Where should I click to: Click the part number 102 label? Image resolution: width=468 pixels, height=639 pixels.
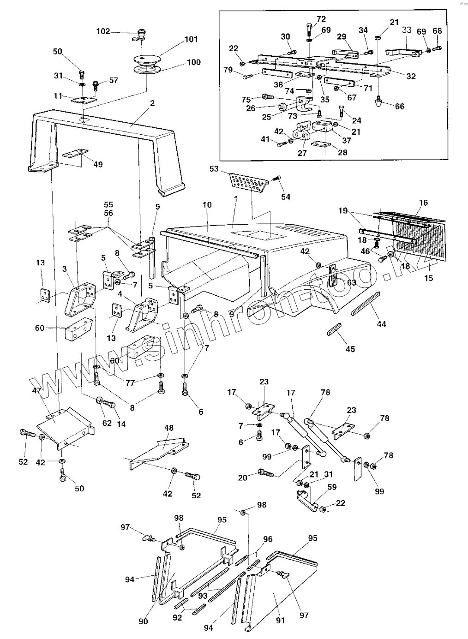point(103,31)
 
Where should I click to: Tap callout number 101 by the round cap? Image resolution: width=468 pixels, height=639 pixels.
point(191,40)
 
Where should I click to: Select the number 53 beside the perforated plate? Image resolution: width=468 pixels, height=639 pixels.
point(214,169)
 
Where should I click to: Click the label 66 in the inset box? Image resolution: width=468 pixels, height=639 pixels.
point(400,106)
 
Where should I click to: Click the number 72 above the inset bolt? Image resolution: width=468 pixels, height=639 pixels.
point(321,19)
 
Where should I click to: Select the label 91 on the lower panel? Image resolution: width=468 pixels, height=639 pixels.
point(281,621)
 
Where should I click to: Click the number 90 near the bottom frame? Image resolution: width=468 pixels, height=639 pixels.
point(144,621)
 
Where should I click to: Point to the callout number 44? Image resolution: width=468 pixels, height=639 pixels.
point(381,324)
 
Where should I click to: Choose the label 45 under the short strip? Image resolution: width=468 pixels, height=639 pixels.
point(350,349)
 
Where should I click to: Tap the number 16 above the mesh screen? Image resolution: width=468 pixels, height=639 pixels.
point(423,203)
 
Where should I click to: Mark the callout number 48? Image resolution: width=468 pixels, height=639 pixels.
point(169,428)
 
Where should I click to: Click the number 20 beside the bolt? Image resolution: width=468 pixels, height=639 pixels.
point(243,478)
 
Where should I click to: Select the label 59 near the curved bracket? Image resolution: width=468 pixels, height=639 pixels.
point(332,487)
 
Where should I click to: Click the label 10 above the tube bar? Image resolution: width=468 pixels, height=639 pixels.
point(207,204)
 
